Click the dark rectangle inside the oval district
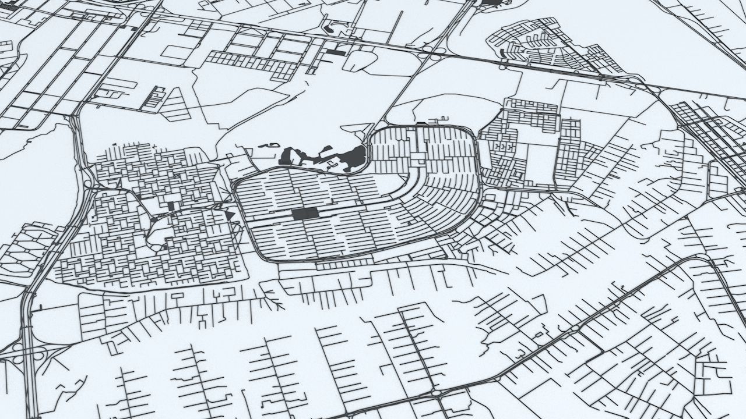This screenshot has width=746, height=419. (x=305, y=213)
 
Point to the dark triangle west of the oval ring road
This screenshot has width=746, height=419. (x=231, y=216)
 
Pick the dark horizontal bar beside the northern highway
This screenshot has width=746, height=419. (x=336, y=53)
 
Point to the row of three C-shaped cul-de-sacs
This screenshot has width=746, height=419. (x=505, y=148)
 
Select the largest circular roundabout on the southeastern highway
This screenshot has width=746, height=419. (x=436, y=393)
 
